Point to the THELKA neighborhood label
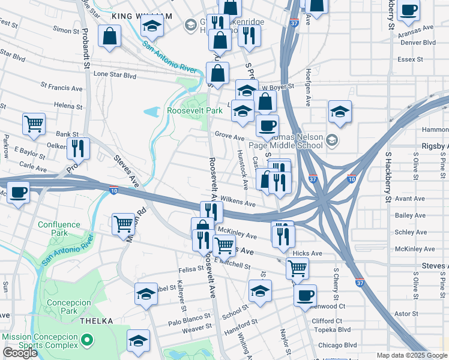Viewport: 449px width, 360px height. (95, 321)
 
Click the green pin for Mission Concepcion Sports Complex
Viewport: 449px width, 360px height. (87, 341)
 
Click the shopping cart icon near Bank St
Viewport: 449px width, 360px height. (34, 124)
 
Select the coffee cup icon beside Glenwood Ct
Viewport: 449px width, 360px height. (305, 295)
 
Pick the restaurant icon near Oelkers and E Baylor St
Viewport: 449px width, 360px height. (78, 148)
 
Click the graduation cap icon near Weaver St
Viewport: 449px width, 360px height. (139, 340)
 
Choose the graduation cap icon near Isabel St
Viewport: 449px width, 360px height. (146, 294)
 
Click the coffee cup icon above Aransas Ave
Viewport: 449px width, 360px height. (408, 10)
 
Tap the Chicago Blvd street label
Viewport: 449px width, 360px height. (337, 346)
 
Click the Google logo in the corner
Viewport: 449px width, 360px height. (20, 353)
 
